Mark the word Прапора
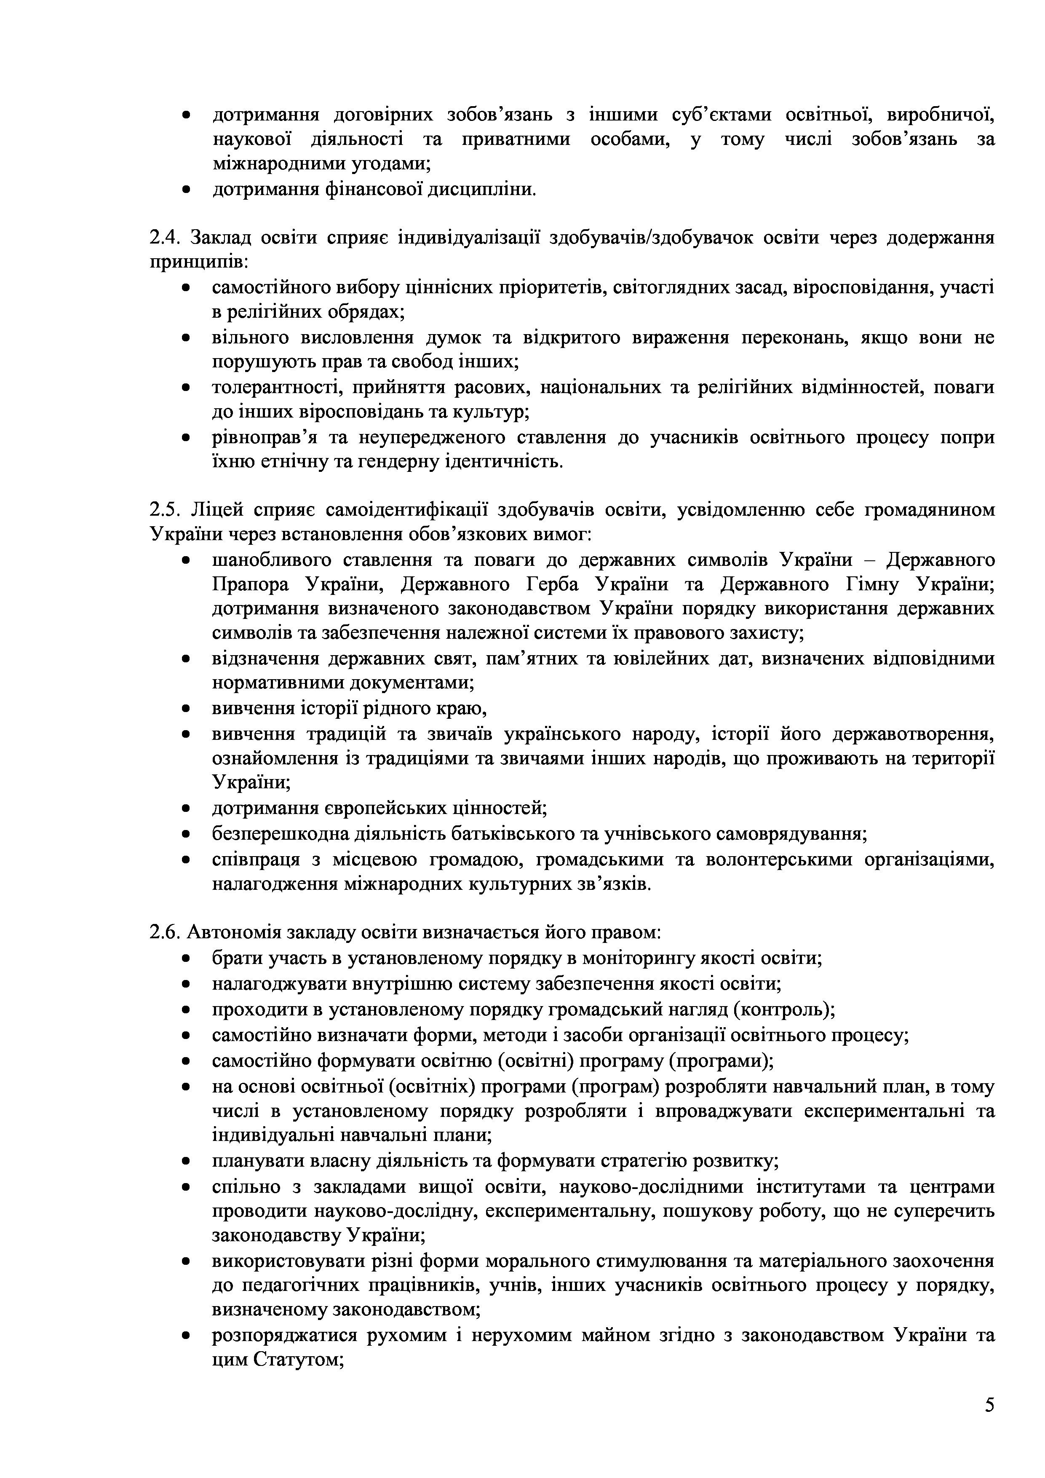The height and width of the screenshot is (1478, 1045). click(x=249, y=584)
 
